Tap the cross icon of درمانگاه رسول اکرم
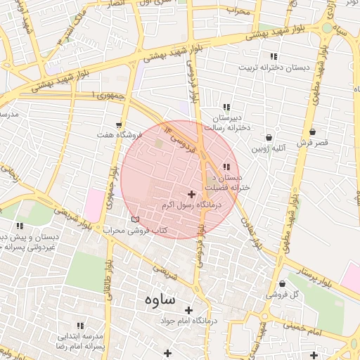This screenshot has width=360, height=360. tap(192, 193)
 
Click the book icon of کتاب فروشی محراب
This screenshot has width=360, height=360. tap(135, 219)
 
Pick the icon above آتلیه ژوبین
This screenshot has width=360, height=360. tap(269, 138)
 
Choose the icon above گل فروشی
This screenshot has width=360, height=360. tap(283, 284)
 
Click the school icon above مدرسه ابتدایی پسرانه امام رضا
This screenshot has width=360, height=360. tap(81, 326)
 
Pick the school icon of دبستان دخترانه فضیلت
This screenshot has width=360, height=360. tap(226, 167)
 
